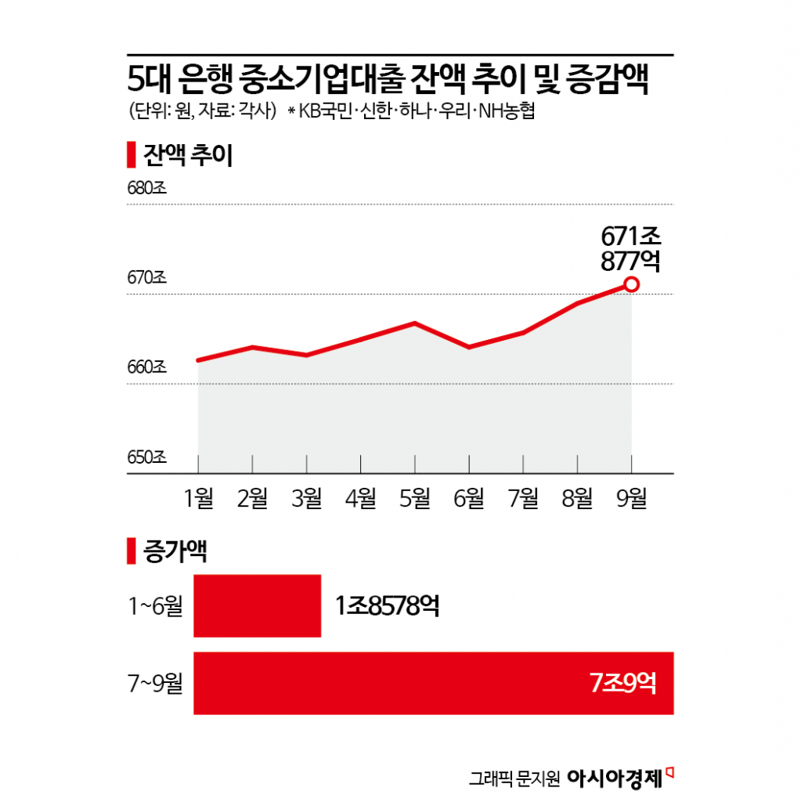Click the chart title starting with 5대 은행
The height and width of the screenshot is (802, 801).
[388, 81]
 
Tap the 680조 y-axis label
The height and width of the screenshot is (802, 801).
[146, 189]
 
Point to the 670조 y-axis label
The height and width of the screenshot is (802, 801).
[146, 278]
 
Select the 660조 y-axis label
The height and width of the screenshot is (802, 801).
[146, 367]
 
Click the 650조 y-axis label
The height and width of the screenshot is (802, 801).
[146, 457]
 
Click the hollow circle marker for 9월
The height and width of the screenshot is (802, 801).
[632, 285]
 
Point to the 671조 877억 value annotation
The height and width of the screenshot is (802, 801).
[630, 248]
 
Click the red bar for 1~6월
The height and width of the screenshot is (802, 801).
[257, 605]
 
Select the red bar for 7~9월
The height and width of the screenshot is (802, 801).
[433, 683]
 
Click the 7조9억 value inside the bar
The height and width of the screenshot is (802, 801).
[622, 684]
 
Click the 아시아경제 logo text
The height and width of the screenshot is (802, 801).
[614, 778]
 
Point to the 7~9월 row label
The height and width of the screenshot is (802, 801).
[155, 684]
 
